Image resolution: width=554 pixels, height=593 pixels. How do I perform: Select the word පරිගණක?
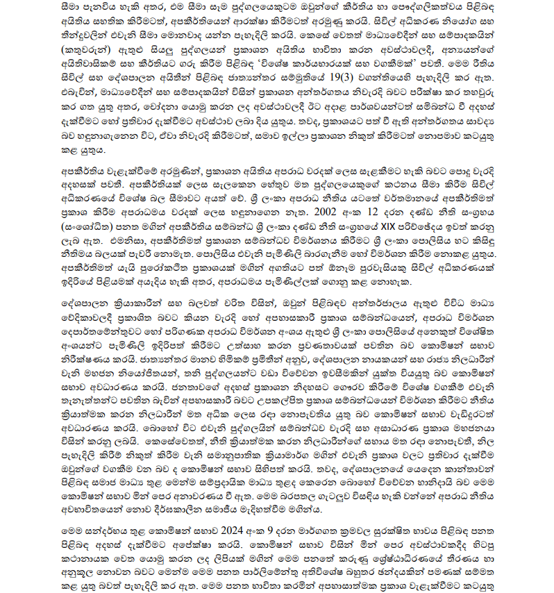(x=166, y=336)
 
